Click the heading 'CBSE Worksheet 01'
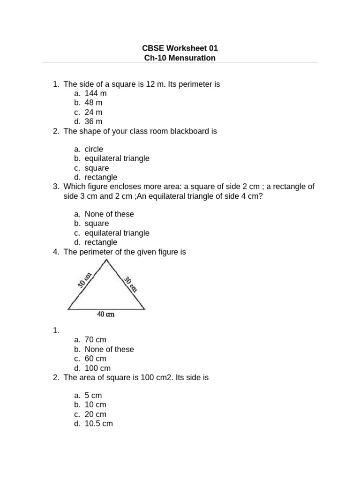tap(180, 48)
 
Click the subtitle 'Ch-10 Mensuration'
tap(180, 58)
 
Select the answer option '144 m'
tap(96, 93)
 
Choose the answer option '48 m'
tap(93, 103)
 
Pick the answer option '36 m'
tap(93, 121)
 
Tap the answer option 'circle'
tap(94, 149)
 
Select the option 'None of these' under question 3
tap(109, 214)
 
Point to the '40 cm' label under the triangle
tap(106, 315)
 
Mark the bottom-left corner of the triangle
tap(68, 309)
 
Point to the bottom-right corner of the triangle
tap(145, 309)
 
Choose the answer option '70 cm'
tap(96, 340)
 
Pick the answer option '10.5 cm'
tap(98, 424)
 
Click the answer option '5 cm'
tap(93, 396)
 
